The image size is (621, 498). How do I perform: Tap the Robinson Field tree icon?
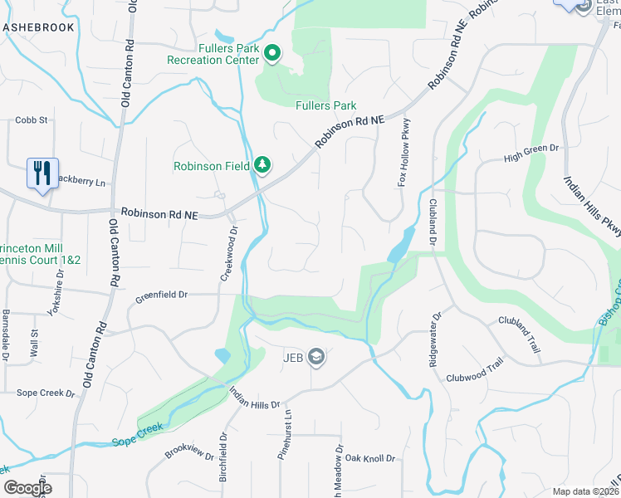[x=263, y=165]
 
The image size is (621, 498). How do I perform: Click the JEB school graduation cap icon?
[x=316, y=358]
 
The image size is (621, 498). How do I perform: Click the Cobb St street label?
[x=32, y=120]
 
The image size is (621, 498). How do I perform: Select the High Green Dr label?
[x=531, y=156]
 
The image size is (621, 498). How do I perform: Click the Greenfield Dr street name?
[x=162, y=294]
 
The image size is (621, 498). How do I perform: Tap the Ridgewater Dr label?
[x=433, y=339]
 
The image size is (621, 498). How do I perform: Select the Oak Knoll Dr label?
[x=371, y=458]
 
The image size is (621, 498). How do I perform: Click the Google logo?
[x=27, y=488]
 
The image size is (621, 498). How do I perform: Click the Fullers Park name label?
[x=326, y=105]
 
